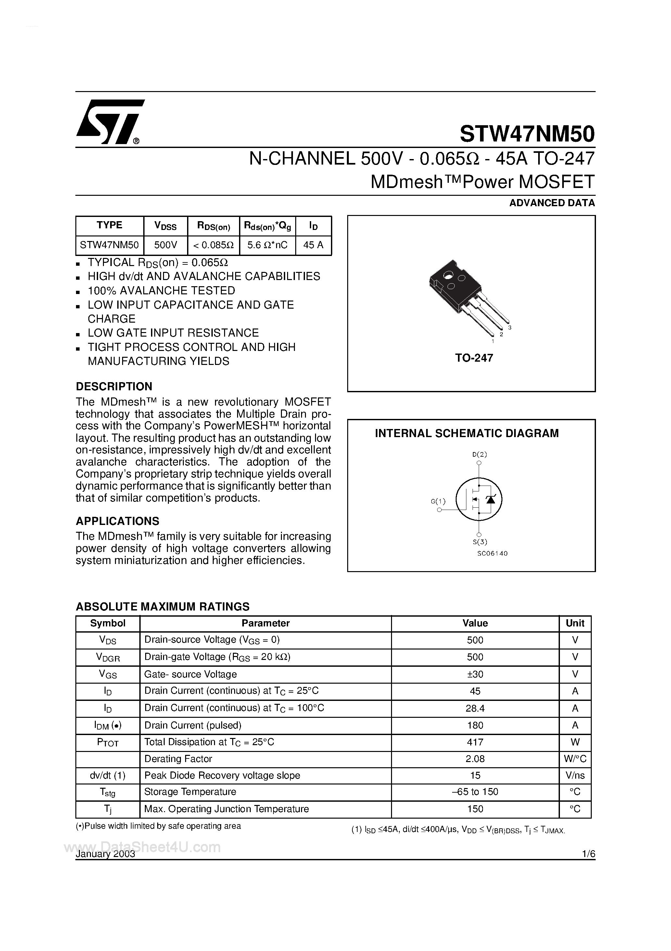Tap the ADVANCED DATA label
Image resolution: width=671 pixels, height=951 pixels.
point(552,203)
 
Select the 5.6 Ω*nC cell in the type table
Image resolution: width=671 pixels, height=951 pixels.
point(267,245)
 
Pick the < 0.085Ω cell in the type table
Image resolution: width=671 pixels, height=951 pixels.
point(213,245)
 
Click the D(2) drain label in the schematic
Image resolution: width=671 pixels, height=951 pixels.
point(479,454)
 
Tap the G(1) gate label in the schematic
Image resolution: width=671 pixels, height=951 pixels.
point(438,501)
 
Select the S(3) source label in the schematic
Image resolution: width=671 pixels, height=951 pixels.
point(479,542)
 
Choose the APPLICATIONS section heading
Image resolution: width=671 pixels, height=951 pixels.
point(118,521)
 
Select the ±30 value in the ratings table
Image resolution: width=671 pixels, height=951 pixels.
point(475,674)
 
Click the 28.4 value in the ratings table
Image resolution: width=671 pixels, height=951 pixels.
point(475,708)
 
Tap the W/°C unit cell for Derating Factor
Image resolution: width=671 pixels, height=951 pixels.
point(575,759)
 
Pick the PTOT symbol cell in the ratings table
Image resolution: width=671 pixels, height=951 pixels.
point(108,742)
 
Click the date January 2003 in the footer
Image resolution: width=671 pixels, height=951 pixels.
point(106,854)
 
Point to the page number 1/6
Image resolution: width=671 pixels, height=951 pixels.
point(588,854)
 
